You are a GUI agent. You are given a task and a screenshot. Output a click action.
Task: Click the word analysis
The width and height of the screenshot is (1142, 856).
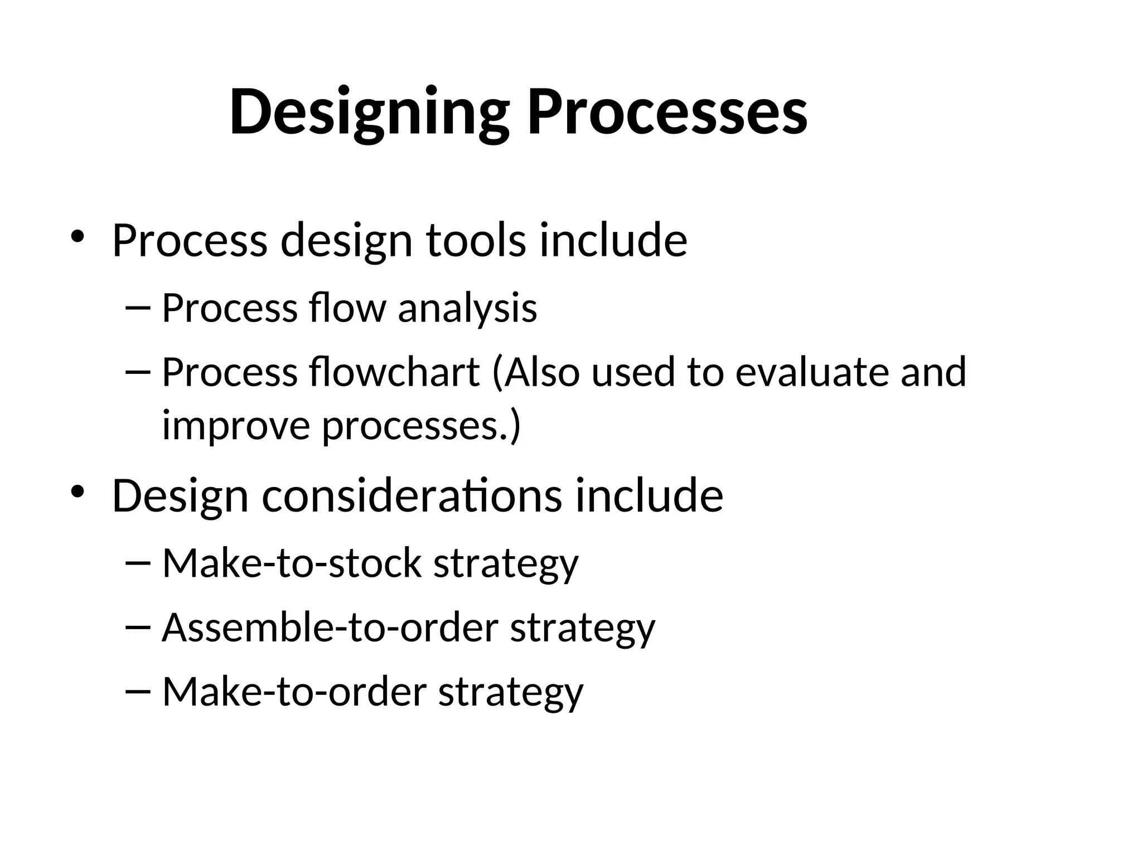click(x=467, y=308)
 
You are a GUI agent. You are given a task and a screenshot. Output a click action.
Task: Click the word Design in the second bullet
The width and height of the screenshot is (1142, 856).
click(x=180, y=495)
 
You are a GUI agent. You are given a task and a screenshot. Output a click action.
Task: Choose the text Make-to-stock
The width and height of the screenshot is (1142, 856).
click(x=291, y=563)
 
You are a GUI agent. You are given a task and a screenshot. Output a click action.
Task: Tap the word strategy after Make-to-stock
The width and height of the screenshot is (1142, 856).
click(x=506, y=563)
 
